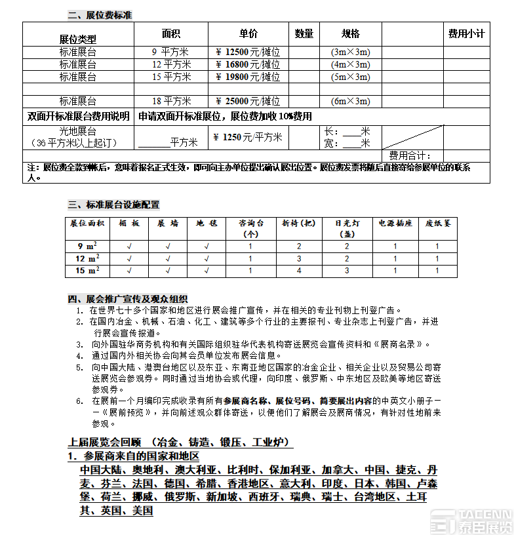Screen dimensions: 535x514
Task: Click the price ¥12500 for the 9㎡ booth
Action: click(x=248, y=52)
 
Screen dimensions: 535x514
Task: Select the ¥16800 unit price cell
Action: click(x=248, y=64)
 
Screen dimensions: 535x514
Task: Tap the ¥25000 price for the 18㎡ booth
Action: click(x=248, y=101)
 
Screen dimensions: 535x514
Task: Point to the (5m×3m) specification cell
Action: click(x=350, y=77)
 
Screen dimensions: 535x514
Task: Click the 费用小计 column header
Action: click(x=466, y=33)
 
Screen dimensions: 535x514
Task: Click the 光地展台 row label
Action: click(x=77, y=131)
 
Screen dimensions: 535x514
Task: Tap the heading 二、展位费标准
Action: click(x=100, y=14)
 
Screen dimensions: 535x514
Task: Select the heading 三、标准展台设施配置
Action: click(x=113, y=205)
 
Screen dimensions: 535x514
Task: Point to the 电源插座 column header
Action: click(x=395, y=223)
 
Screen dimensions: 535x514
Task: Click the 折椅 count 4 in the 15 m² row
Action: click(x=299, y=270)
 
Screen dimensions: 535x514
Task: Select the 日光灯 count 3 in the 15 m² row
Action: click(x=347, y=270)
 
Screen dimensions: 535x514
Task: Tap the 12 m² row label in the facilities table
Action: click(x=87, y=258)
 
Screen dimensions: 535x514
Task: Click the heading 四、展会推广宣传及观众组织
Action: click(x=128, y=298)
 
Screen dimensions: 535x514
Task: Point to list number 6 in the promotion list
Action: click(x=79, y=400)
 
